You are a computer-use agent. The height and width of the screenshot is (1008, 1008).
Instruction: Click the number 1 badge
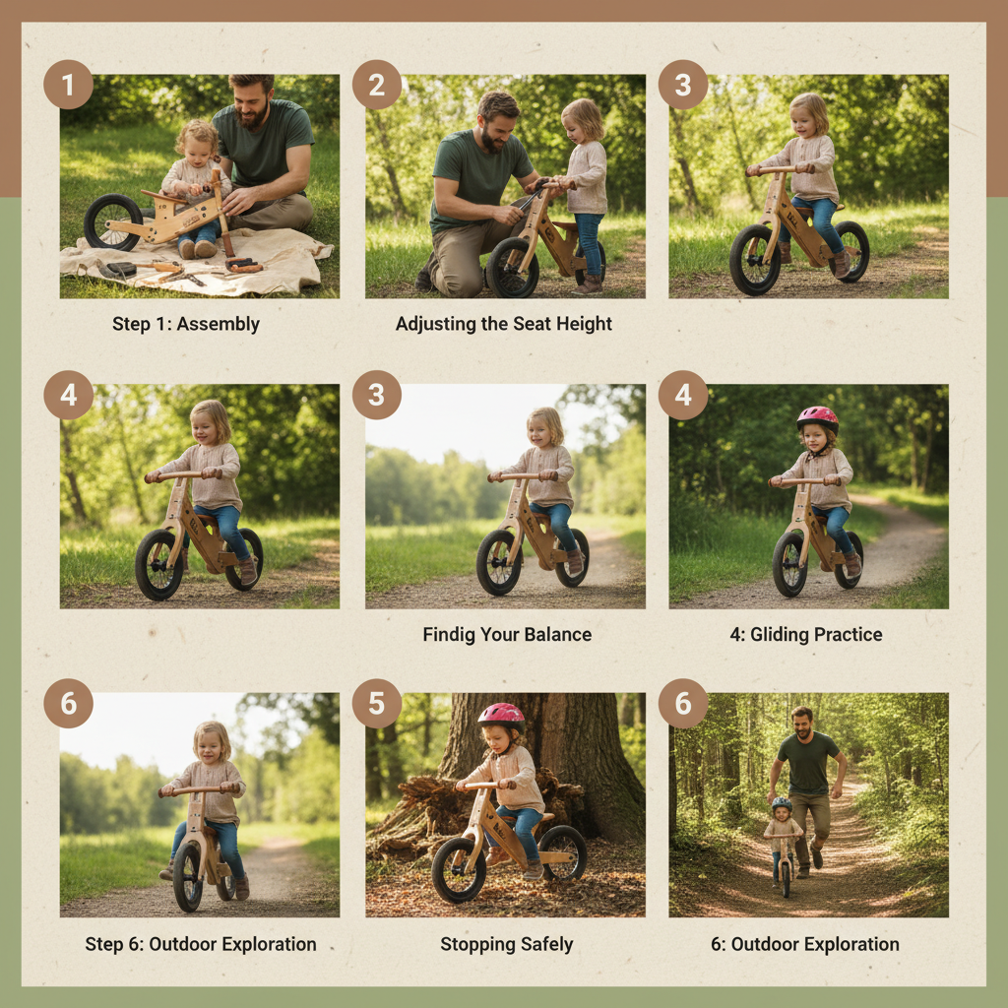pos(68,85)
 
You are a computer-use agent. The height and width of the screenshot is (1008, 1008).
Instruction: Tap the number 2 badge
pos(377,85)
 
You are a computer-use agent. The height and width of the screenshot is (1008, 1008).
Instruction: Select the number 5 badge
pos(377,704)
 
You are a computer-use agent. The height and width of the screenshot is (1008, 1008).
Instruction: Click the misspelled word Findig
pos(449,635)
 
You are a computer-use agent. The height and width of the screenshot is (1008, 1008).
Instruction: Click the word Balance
pos(557,635)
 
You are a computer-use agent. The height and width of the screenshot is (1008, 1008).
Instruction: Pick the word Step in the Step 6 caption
pos(103,945)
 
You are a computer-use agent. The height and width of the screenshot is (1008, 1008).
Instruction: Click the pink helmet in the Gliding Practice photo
pos(817,417)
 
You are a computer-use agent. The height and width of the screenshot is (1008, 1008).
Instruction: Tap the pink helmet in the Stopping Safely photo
pos(501,715)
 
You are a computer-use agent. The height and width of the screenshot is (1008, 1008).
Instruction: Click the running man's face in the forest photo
pos(804,722)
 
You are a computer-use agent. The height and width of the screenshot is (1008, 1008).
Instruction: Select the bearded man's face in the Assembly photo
pos(252,101)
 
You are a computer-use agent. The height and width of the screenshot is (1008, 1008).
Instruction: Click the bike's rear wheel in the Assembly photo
pos(112,221)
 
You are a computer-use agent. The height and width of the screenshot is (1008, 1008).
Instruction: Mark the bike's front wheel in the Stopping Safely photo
pos(459,870)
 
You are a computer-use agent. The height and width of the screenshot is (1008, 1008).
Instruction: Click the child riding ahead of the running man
pos(783,832)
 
